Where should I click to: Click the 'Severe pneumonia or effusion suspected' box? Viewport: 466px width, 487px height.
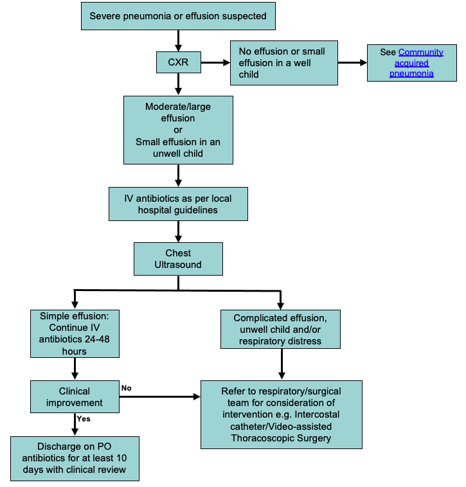[178, 15]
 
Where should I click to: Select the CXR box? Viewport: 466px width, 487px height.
[178, 62]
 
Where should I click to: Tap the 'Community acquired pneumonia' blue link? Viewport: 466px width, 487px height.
[420, 62]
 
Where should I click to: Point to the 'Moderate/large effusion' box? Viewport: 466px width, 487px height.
[178, 130]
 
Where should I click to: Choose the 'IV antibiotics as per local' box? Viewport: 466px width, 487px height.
[178, 204]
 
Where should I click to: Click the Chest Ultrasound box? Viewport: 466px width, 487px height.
[178, 258]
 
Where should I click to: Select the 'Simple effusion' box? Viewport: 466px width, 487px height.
[75, 333]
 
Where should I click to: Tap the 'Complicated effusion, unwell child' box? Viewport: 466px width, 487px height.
[280, 329]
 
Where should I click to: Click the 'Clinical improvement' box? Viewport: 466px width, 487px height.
[75, 396]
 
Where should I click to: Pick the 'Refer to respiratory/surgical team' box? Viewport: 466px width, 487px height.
[281, 414]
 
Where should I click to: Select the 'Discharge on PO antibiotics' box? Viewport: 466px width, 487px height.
[75, 457]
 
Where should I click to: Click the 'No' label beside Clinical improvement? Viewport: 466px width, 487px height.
[127, 388]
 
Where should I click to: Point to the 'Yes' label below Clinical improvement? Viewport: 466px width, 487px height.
[83, 420]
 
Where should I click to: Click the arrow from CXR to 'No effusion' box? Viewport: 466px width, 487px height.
[215, 62]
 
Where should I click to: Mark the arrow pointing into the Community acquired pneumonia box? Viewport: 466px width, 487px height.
[352, 62]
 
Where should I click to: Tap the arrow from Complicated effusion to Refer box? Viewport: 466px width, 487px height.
[281, 364]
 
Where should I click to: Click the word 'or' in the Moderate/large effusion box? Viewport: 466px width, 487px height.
[178, 130]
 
